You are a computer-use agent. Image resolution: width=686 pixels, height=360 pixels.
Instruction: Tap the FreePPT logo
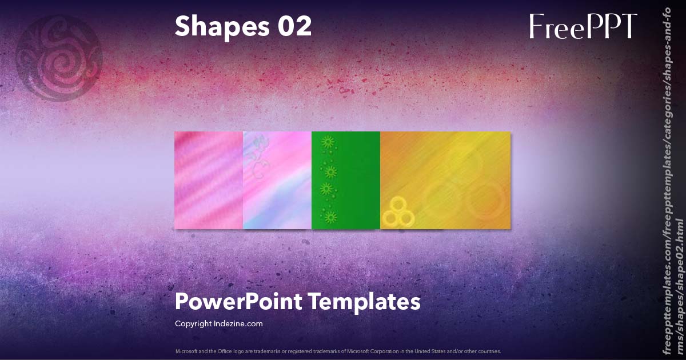[x=583, y=27]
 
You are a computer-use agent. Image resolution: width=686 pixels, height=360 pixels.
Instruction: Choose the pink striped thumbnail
[x=209, y=180]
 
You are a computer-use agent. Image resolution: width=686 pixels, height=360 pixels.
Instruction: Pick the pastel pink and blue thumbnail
[x=277, y=180]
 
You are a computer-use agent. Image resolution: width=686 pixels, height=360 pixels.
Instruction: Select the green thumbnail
[x=346, y=180]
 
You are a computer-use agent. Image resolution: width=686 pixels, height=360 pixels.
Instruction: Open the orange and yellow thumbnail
[x=445, y=180]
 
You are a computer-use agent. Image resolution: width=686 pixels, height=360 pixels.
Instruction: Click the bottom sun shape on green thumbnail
[x=329, y=217]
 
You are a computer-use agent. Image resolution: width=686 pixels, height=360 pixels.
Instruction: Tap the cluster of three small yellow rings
[x=398, y=212]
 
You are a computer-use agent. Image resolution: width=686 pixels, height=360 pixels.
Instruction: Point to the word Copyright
[x=193, y=323]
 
